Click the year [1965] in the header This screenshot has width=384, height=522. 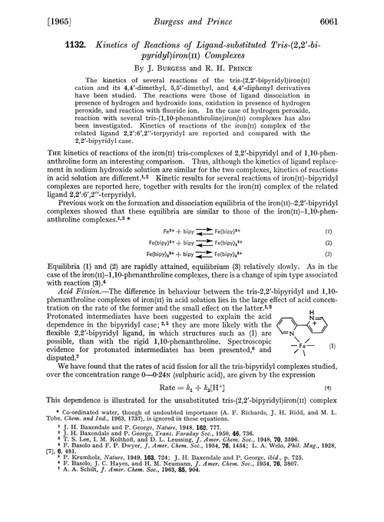pyautogui.click(x=29, y=13)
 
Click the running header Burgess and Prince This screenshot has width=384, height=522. pyautogui.click(x=190, y=13)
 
